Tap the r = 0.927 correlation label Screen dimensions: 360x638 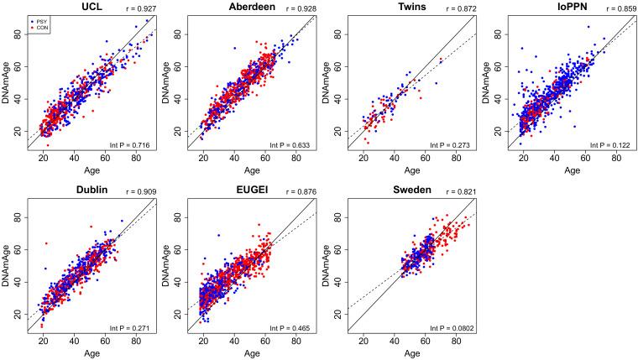(x=138, y=8)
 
